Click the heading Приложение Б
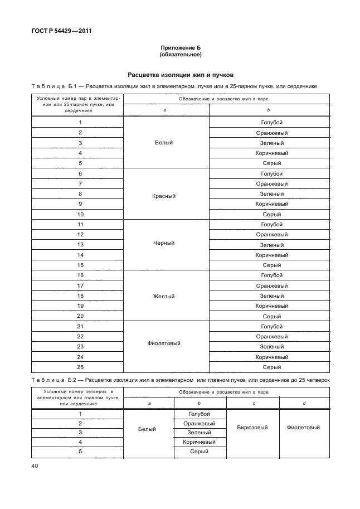coord(180,49)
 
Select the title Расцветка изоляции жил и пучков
coord(180,74)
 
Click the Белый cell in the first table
coord(164,142)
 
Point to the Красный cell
coord(164,196)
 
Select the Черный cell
coord(164,243)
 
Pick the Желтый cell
coord(164,295)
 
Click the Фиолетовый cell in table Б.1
coord(164,343)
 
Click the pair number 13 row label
coord(80,245)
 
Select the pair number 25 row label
coord(80,367)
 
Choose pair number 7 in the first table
coord(80,183)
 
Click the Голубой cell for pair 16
coord(271,275)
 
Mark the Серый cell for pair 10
coord(271,214)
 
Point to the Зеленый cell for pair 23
coord(271,347)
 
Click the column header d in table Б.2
coord(303,403)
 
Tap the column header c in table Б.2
coord(253,403)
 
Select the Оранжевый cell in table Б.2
coord(199,424)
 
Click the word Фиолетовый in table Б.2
coord(303,428)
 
